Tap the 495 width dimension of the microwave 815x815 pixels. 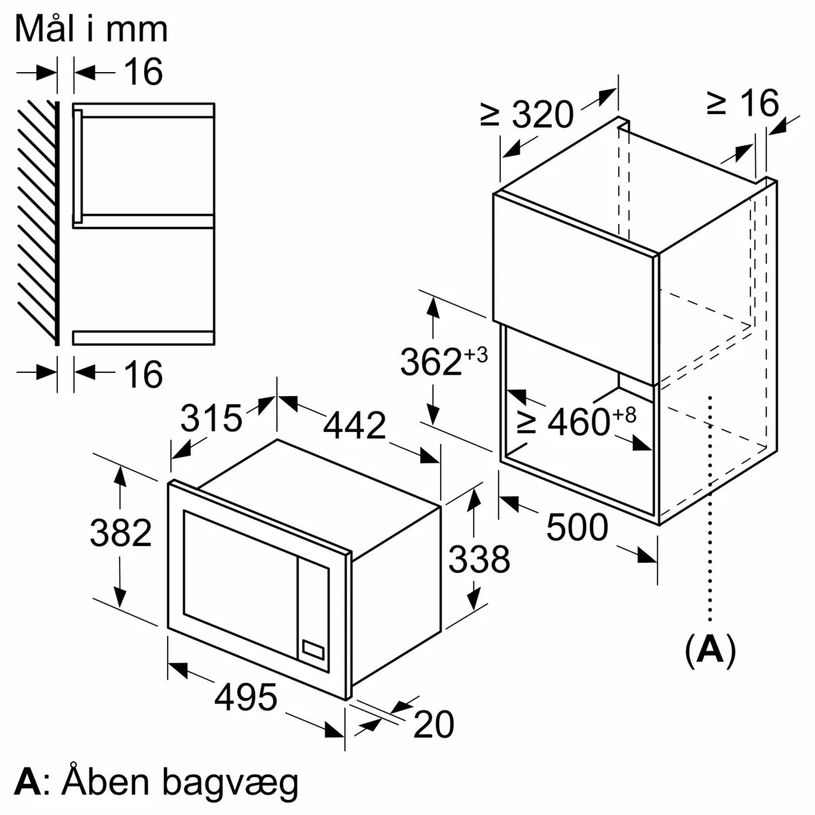[247, 697]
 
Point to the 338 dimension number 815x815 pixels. [479, 559]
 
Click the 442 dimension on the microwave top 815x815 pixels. [354, 426]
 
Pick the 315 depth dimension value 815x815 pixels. [211, 418]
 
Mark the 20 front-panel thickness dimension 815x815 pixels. [433, 724]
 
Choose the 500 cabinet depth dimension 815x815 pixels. [577, 527]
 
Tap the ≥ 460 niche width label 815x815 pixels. [577, 422]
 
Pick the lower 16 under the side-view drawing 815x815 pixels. [144, 374]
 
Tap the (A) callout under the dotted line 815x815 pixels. [710, 650]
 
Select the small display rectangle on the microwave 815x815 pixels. [313, 649]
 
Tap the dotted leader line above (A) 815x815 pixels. [710, 509]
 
